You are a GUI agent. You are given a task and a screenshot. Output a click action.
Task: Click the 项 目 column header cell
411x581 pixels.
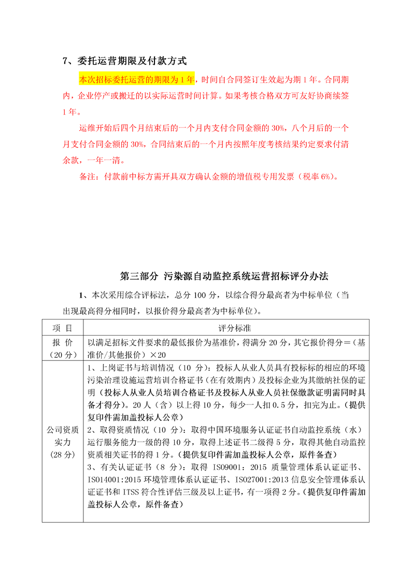[63, 328]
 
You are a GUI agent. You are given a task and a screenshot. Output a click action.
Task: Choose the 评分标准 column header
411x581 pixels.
[226, 328]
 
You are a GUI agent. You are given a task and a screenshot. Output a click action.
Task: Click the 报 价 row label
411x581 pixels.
[63, 342]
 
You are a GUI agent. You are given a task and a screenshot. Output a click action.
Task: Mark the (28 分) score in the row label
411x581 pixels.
[63, 454]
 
